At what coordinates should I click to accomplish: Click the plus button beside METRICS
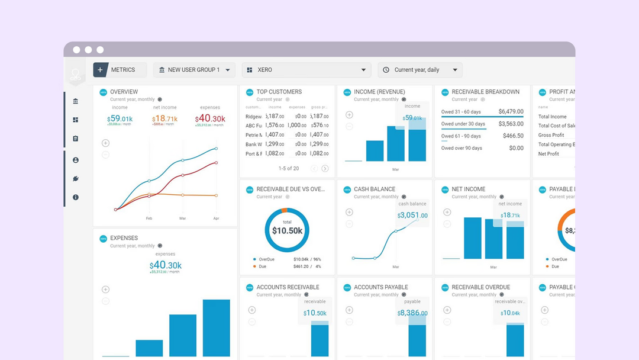point(100,70)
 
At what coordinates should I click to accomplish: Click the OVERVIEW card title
point(124,92)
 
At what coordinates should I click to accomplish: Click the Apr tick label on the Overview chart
point(216,218)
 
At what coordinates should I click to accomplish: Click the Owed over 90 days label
point(461,148)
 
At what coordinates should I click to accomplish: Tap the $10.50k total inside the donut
point(287,230)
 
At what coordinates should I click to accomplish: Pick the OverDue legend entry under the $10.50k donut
point(264,259)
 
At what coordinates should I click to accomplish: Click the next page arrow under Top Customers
point(325,169)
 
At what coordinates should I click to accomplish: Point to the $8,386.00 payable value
point(412,313)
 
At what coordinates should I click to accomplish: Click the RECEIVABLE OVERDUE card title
point(480,287)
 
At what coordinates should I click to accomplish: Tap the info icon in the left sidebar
point(76,197)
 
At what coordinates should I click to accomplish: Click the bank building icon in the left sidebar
point(76,101)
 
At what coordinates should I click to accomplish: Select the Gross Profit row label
point(551,135)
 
